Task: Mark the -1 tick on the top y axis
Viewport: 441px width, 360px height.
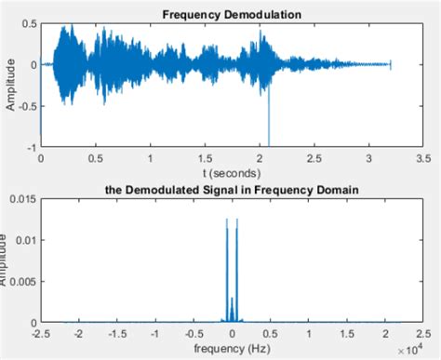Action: [30, 147]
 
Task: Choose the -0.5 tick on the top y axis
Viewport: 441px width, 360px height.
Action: [26, 105]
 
